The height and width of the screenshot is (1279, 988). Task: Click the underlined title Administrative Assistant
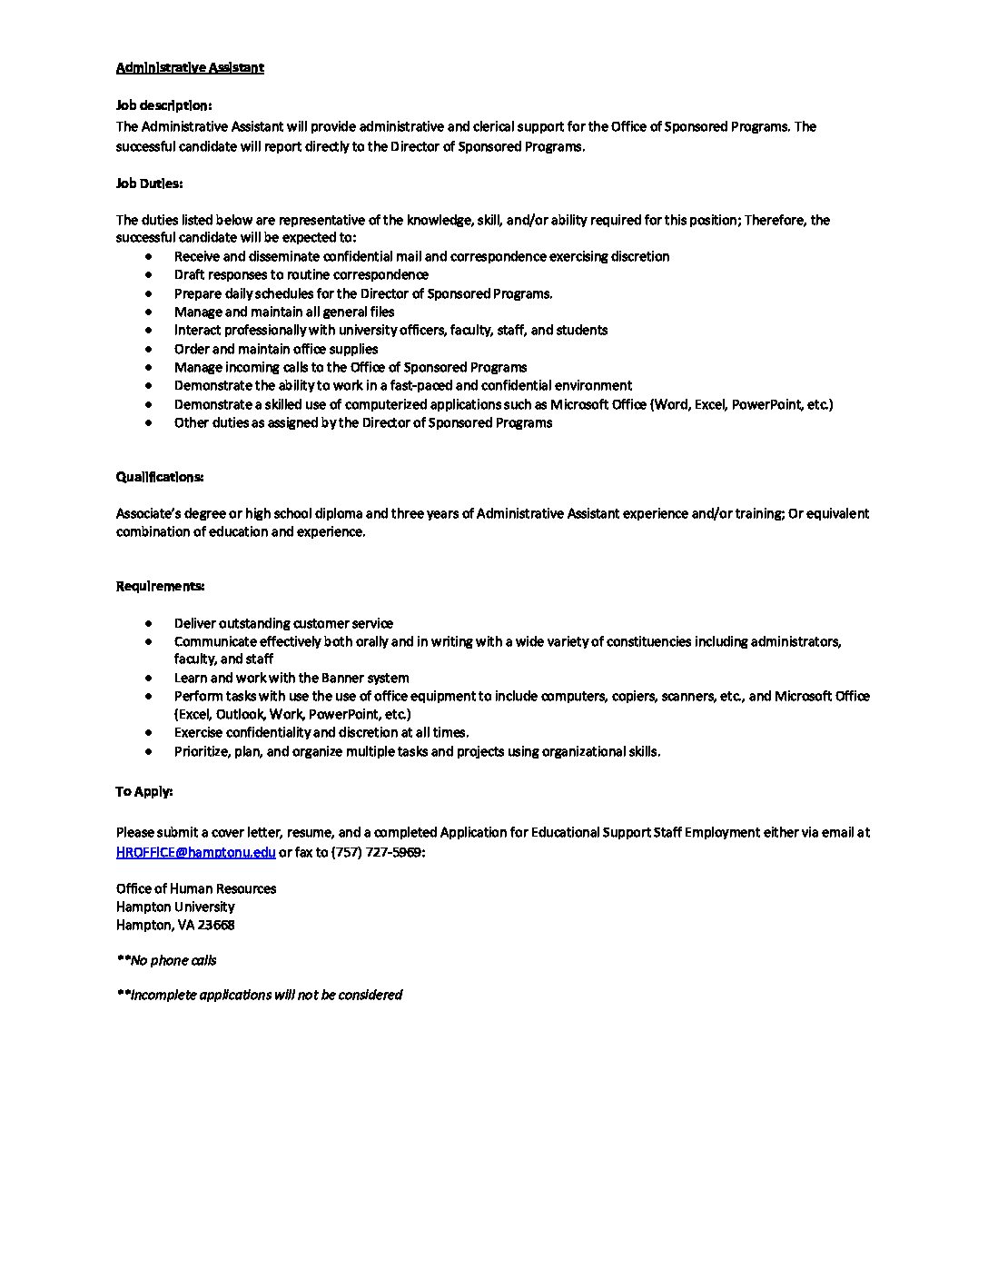coord(190,67)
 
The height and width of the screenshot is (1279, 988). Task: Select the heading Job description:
coord(163,105)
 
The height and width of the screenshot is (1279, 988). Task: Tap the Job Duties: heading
coord(149,183)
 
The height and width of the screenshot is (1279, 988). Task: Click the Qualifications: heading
coord(159,477)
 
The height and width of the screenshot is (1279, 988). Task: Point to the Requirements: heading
coord(160,586)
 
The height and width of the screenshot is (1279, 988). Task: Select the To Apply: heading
coord(143,791)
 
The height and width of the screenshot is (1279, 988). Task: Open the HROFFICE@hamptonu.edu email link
coord(195,852)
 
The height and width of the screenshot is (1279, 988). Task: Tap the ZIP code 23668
coord(216,925)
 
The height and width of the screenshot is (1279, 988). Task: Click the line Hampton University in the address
coord(175,907)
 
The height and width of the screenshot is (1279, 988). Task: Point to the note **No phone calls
coord(166,960)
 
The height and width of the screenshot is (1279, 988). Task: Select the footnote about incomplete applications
coord(259,995)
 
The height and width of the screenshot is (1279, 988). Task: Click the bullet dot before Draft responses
coord(148,275)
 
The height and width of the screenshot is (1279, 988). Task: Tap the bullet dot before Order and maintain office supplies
coord(148,349)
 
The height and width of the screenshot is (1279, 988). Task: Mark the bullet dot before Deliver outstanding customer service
coord(148,623)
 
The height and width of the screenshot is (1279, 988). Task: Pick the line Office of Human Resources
coord(196,888)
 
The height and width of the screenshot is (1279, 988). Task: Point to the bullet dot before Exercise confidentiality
coord(148,732)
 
